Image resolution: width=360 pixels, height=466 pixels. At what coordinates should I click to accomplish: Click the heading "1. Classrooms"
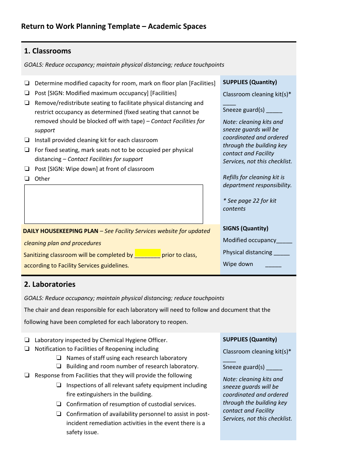[47, 51]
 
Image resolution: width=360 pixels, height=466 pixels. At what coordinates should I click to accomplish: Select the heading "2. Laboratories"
[50, 284]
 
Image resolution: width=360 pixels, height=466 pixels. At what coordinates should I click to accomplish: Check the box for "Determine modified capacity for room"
[27, 83]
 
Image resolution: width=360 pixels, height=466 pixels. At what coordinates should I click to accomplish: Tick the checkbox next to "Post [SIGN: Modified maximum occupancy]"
[27, 93]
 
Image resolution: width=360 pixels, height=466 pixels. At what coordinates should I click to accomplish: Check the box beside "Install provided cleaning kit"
[27, 140]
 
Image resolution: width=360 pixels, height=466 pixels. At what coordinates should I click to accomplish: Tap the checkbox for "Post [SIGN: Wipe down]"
[27, 169]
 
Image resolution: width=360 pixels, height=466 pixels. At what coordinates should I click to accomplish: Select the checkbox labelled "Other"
[27, 178]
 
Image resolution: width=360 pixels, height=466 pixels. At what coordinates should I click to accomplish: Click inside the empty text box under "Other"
[113, 204]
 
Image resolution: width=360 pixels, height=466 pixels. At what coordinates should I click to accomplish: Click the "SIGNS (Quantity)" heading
[245, 228]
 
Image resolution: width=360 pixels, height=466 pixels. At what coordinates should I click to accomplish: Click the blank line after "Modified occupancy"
[284, 241]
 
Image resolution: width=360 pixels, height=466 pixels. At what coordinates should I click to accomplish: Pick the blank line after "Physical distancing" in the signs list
[282, 253]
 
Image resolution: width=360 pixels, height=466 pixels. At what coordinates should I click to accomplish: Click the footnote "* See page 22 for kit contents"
[249, 205]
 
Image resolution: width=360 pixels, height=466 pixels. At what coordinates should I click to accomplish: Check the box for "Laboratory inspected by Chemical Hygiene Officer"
[27, 340]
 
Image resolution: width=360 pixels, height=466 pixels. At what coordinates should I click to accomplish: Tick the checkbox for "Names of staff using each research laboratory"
[59, 358]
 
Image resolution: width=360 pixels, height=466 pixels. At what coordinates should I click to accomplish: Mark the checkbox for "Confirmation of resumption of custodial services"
[59, 404]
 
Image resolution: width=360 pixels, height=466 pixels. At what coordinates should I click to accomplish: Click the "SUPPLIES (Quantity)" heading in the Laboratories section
[250, 339]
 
